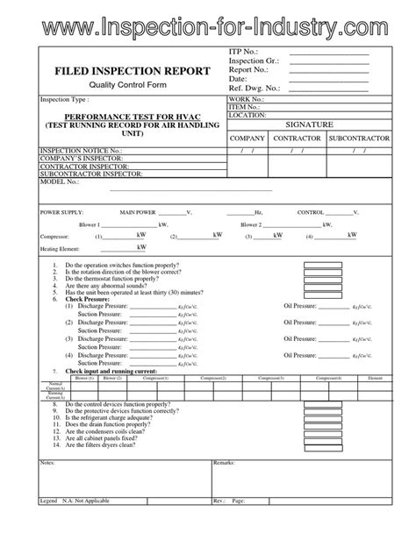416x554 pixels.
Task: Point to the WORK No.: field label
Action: [247, 101]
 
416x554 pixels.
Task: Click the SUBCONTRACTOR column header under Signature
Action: [356, 139]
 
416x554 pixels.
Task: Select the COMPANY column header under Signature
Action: [247, 139]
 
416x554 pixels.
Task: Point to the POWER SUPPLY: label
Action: [61, 213]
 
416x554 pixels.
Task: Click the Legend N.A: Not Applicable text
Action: [81, 524]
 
